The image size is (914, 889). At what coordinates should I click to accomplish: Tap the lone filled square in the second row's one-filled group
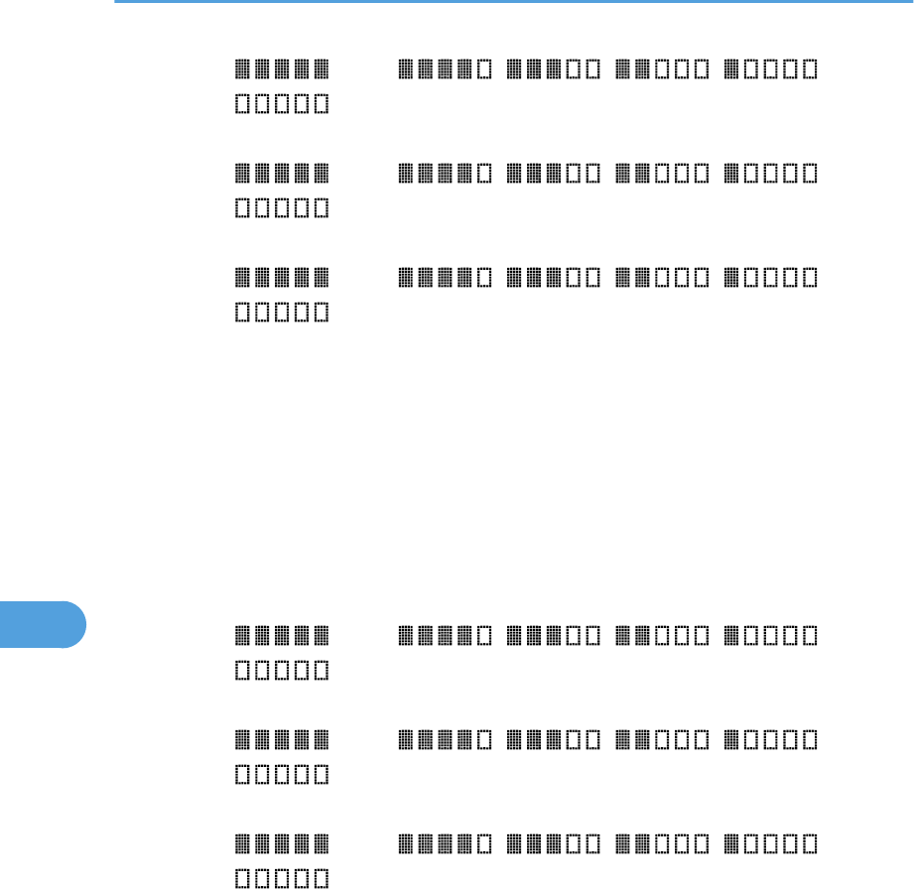(732, 174)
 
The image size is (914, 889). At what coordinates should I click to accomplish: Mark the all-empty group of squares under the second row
(283, 209)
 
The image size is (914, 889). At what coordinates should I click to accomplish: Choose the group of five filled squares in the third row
(283, 277)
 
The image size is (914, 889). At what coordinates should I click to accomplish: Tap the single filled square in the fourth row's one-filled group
(732, 635)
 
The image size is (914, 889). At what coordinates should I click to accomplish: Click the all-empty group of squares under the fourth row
(283, 671)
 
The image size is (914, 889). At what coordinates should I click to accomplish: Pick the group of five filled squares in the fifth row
(283, 739)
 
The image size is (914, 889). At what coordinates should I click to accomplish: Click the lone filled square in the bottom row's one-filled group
(732, 843)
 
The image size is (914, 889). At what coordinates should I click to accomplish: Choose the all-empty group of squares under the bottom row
(283, 879)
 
